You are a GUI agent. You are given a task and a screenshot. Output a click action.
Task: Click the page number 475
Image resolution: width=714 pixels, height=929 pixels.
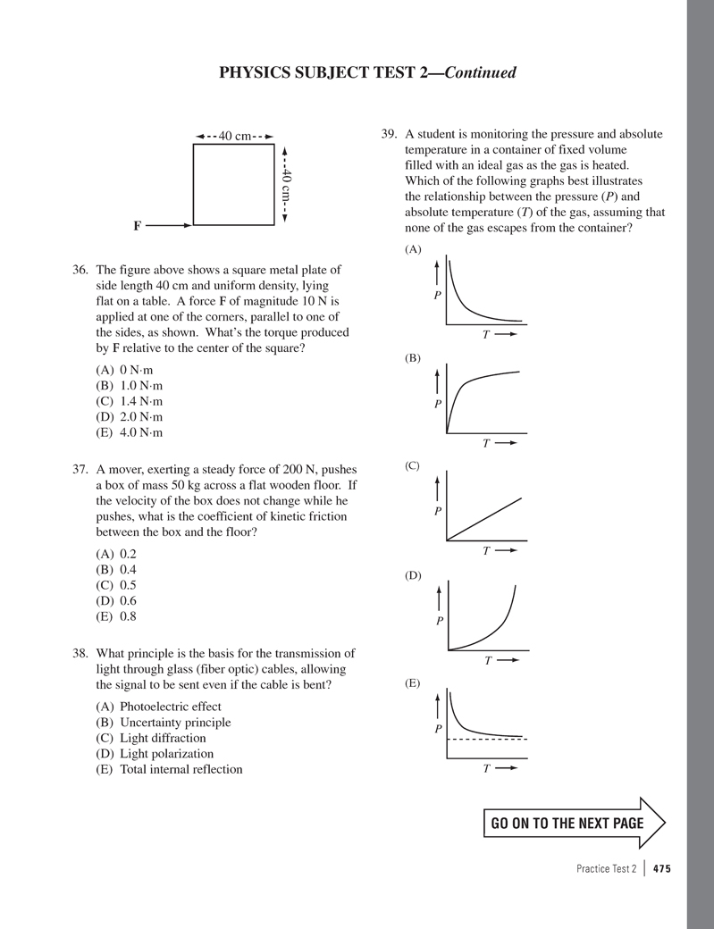661,868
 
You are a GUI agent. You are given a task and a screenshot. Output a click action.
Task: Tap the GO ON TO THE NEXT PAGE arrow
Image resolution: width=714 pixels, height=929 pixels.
572,823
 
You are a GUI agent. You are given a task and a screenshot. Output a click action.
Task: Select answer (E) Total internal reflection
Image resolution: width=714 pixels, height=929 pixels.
169,769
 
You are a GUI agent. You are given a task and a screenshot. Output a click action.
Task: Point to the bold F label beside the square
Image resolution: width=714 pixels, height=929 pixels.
138,226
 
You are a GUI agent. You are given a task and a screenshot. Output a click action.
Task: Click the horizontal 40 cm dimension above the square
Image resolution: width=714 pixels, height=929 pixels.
233,137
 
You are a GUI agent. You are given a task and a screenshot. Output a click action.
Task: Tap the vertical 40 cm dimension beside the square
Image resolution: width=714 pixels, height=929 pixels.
285,185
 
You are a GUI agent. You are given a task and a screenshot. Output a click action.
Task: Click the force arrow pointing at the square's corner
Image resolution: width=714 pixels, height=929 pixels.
168,226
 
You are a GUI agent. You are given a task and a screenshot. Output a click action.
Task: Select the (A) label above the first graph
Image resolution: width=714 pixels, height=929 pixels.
413,250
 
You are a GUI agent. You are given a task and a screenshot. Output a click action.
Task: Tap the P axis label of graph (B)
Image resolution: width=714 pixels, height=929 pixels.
438,404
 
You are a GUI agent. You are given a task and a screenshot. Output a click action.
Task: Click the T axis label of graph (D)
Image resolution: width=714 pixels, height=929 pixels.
489,660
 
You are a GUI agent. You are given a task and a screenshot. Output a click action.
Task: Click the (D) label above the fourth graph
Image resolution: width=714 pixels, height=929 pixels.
413,576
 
